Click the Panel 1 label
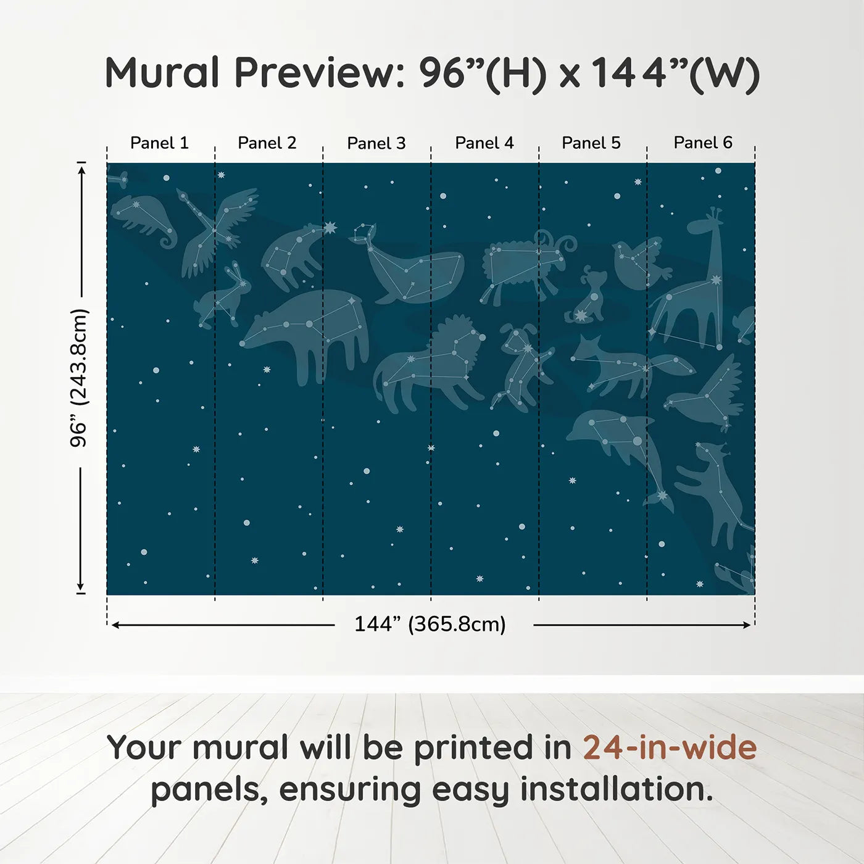(159, 143)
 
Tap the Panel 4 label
(484, 143)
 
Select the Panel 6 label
(702, 143)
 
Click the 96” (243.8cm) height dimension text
(79, 378)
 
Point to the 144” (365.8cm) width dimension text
(430, 624)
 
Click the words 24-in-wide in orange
(670, 747)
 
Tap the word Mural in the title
(162, 73)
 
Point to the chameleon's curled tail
(167, 238)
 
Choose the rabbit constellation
(222, 296)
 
